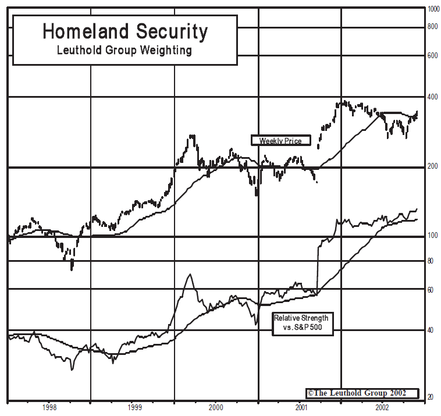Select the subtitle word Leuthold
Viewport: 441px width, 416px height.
point(80,50)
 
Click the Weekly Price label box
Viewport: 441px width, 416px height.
point(280,140)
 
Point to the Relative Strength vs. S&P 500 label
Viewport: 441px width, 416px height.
point(301,323)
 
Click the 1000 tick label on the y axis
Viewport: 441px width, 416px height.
point(433,9)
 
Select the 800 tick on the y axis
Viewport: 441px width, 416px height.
point(432,27)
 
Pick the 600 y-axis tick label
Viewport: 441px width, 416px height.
point(432,56)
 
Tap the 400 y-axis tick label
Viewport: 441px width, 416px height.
point(432,97)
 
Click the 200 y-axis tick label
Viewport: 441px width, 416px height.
point(432,166)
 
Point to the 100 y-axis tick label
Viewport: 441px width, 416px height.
point(432,235)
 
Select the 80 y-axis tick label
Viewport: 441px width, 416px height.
point(430,261)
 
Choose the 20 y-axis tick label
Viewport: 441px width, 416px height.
point(430,397)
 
